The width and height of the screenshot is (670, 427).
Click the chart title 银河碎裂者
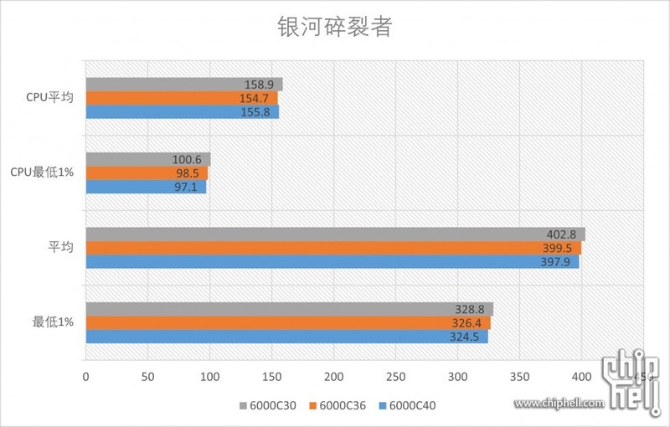[x=334, y=27]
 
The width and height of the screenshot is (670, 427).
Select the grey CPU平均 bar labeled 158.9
[x=183, y=85]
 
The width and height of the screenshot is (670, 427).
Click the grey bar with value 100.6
[x=147, y=159]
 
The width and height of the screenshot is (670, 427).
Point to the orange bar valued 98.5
[x=146, y=173]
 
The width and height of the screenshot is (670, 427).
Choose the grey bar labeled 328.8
[x=289, y=309]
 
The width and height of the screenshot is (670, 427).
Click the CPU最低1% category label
[x=42, y=172]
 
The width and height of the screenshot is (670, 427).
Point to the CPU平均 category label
[x=49, y=98]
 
